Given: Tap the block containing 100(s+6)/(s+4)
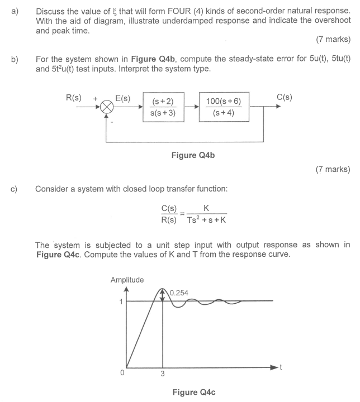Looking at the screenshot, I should pos(223,107).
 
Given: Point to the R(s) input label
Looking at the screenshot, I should pos(74,98).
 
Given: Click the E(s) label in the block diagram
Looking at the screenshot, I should pos(123,98).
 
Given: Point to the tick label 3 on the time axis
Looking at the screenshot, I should pos(163,374).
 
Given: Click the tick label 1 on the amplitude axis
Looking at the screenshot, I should pos(119,301).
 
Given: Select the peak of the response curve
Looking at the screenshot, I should pos(163,289).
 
